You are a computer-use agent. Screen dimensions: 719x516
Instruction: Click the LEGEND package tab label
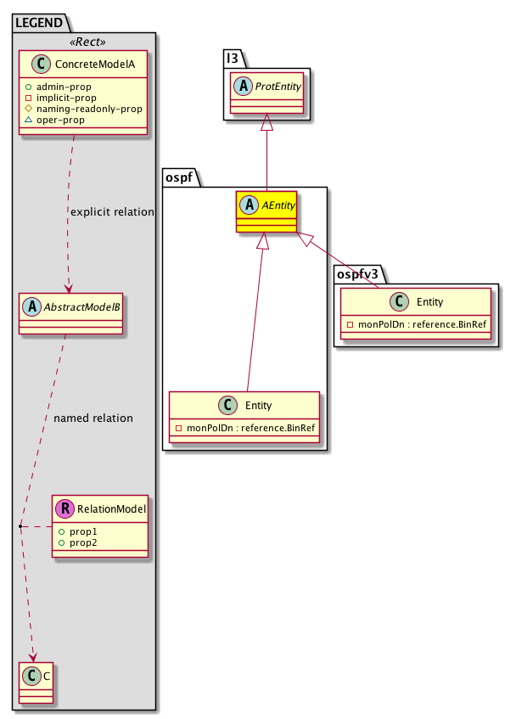point(38,23)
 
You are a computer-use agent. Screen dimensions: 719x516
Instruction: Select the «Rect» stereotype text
point(85,42)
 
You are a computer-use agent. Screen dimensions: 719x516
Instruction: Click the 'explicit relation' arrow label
point(112,211)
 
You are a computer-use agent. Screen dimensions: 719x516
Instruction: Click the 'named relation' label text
point(93,418)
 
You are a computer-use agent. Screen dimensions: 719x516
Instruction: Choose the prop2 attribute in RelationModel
point(83,542)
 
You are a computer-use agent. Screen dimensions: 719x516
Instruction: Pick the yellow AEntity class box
point(266,212)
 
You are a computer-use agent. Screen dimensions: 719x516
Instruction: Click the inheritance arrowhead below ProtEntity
point(266,122)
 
